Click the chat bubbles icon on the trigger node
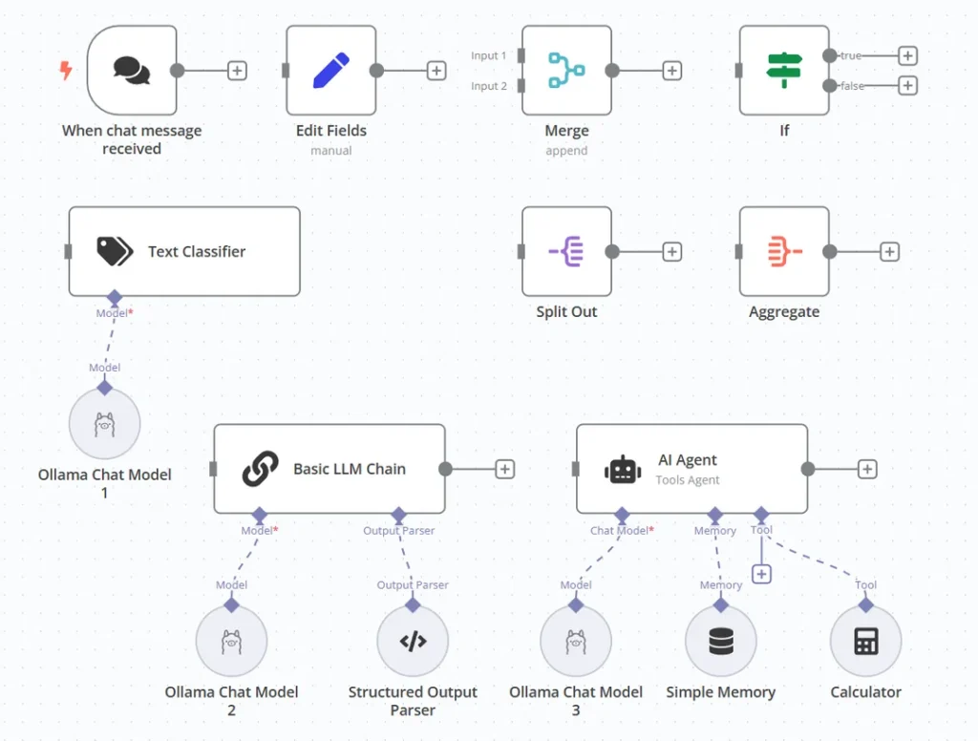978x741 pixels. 132,70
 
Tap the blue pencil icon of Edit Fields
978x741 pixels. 331,70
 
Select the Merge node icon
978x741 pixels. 566,70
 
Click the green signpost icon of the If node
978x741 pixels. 784,70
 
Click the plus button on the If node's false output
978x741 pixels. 907,85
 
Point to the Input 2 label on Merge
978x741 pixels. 489,86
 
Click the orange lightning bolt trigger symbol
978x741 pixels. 66,70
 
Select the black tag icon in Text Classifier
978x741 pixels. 115,251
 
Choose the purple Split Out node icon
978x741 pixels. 565,251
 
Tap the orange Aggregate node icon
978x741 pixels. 785,251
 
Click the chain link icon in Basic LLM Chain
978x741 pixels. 260,469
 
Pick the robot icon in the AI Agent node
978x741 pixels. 623,470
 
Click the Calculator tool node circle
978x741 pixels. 865,641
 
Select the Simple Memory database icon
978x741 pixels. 721,641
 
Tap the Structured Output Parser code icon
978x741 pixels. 413,641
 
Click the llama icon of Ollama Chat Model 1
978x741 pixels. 105,424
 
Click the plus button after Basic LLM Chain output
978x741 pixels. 504,469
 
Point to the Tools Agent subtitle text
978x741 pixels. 688,479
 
